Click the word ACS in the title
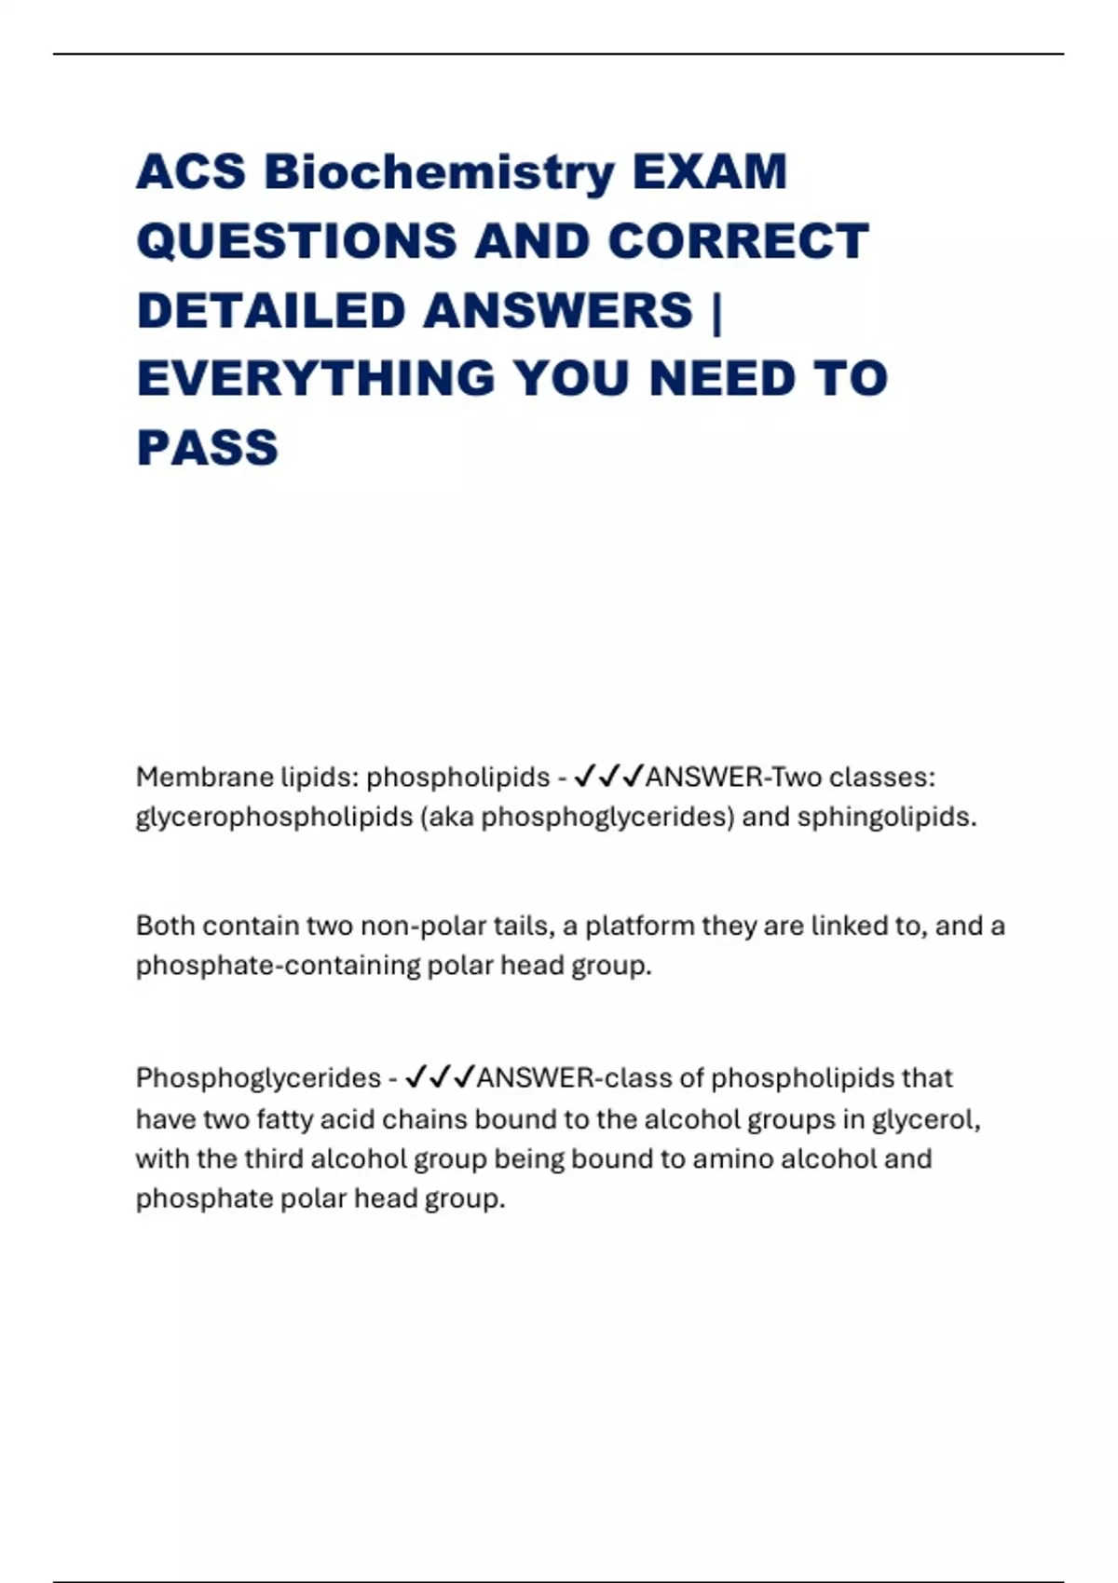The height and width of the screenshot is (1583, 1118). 191,172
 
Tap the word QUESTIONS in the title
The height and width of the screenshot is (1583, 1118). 297,241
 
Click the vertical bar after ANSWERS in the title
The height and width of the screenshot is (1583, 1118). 716,310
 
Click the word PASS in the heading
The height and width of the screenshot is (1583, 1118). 207,448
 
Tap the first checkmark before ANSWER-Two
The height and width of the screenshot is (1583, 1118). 584,776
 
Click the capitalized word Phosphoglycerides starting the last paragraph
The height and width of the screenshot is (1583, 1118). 258,1078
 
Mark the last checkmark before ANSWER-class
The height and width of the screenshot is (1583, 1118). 463,1077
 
